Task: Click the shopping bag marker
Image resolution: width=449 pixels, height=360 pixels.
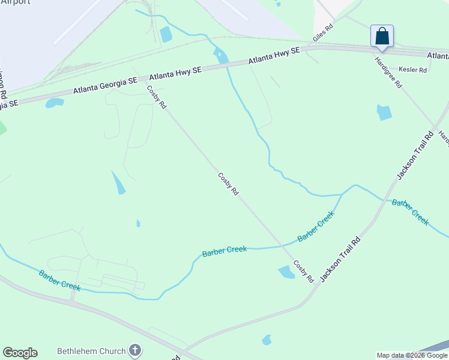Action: click(382, 37)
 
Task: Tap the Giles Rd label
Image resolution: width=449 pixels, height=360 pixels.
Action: click(322, 34)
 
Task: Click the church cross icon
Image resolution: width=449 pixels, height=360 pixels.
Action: click(135, 350)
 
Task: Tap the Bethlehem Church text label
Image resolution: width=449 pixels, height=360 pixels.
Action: click(91, 351)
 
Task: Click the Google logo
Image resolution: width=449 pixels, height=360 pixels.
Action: click(20, 353)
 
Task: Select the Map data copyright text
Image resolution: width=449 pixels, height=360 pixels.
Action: click(412, 355)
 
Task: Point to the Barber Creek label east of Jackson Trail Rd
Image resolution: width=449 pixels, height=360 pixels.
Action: click(411, 212)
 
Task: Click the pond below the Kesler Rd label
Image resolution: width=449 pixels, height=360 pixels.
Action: click(384, 112)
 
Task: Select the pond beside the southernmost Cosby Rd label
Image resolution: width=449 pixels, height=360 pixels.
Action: click(287, 272)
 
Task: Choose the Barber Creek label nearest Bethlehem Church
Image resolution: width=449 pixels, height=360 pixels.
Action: click(59, 280)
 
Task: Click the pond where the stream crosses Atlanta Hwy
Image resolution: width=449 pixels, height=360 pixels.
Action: click(220, 56)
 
